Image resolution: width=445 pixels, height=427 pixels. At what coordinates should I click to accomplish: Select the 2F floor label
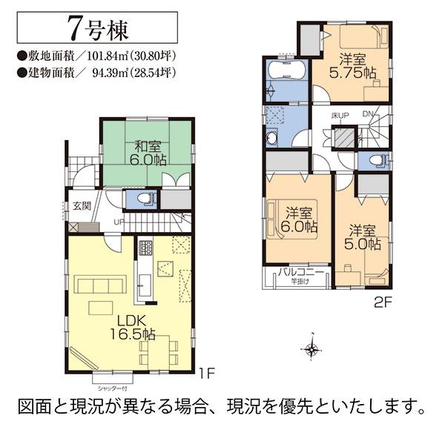(383, 301)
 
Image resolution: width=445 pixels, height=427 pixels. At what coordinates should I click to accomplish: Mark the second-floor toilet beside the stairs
(373, 161)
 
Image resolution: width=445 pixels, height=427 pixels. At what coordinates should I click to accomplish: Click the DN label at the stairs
(368, 113)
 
